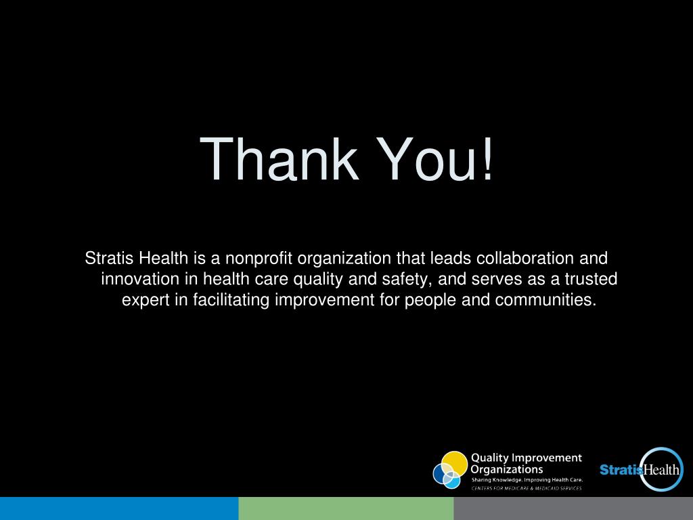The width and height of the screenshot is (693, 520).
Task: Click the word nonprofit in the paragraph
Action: (x=259, y=258)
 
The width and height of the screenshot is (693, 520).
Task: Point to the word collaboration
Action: (x=525, y=258)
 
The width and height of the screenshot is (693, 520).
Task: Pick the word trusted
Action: (x=591, y=279)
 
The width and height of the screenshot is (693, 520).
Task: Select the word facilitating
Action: (x=231, y=300)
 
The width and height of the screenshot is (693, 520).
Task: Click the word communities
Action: (x=546, y=300)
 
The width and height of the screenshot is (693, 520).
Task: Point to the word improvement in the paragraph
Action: (x=324, y=300)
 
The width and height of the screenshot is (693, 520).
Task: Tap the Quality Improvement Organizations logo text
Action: (x=526, y=463)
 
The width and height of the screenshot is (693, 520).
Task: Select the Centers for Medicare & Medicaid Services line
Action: (x=527, y=488)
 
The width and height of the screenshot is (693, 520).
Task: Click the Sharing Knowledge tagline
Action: (x=527, y=480)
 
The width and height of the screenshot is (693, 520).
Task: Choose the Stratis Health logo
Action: (x=642, y=469)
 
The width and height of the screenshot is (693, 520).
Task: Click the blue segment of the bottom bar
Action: (x=119, y=508)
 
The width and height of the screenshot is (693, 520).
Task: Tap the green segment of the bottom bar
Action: (x=346, y=508)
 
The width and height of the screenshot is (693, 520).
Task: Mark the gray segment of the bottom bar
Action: (x=573, y=508)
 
